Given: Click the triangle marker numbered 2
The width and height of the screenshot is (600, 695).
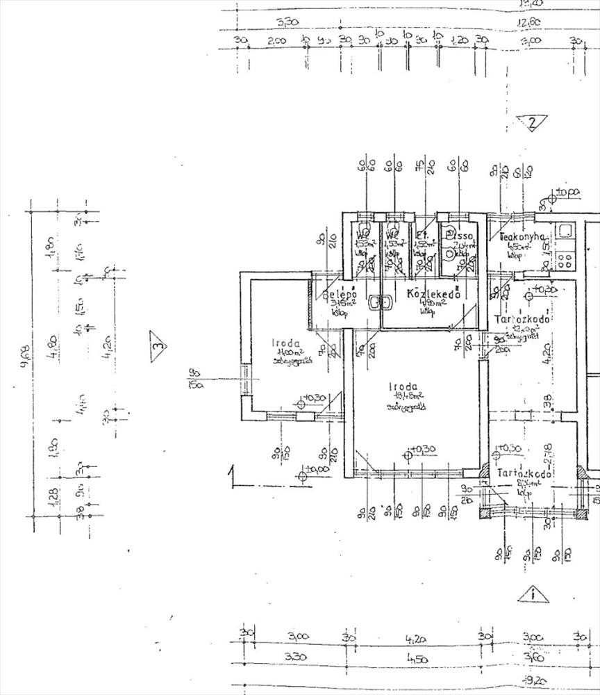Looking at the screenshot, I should (532, 124).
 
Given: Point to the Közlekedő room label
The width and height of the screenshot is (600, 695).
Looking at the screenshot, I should (435, 295).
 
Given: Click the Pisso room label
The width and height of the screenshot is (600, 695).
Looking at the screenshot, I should (461, 238).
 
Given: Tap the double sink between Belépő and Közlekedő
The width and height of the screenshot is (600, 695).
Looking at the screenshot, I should (378, 303).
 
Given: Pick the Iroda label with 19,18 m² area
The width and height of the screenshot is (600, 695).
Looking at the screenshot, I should (403, 387).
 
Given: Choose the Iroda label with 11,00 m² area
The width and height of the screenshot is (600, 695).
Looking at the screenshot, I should (286, 343).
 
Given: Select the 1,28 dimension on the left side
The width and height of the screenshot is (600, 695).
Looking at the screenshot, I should (54, 496).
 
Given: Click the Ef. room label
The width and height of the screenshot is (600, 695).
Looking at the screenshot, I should (422, 237).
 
